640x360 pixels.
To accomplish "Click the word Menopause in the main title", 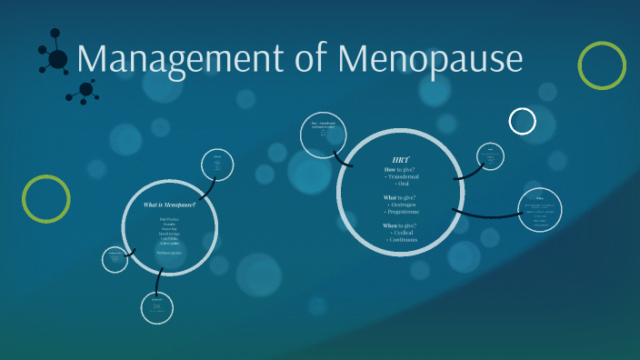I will [432, 61].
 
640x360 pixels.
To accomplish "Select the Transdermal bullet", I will [402, 176].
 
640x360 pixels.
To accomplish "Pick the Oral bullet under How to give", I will [402, 185].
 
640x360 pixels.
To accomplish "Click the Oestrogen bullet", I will [402, 205].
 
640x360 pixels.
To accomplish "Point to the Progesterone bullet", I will [402, 212].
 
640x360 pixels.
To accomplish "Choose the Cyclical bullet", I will [402, 233].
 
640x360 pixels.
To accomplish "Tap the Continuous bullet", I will [402, 240].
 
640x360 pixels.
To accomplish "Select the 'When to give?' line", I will [400, 225].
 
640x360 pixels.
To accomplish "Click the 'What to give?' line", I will [400, 197].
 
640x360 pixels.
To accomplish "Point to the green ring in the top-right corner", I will [602, 65].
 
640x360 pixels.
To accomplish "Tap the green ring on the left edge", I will [46, 199].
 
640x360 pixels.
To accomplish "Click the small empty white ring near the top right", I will [523, 121].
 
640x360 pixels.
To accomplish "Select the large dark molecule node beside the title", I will [57, 60].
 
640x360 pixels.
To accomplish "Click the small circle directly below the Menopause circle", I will [157, 307].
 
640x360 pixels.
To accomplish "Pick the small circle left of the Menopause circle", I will [115, 260].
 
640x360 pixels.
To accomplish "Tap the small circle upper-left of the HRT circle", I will [324, 137].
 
